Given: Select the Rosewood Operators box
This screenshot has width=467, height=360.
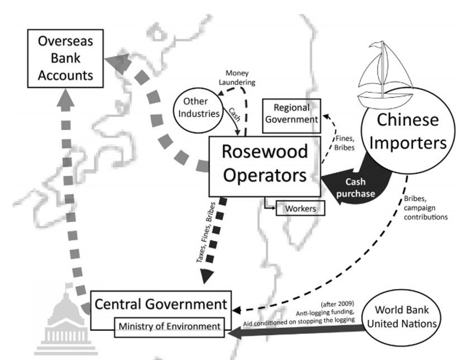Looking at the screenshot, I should point(264,164).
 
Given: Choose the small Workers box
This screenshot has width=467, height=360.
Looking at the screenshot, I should point(300,209).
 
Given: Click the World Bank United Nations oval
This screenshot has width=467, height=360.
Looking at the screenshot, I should point(401,317).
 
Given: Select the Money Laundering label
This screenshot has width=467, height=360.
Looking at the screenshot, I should point(240,78).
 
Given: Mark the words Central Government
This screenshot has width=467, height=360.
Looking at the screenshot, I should point(161,304).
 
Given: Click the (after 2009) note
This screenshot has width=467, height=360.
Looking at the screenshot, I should point(337,304).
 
